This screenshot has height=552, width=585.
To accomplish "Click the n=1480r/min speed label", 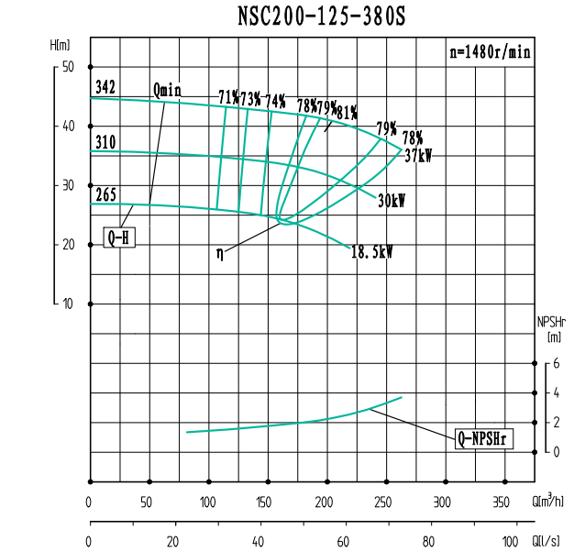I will point(489,52).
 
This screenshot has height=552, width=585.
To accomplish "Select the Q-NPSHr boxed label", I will point(483,438).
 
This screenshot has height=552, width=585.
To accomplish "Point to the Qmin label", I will point(168,89).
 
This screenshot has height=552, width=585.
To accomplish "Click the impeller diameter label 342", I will point(105,88).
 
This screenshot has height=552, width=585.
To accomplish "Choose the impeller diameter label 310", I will point(105,143).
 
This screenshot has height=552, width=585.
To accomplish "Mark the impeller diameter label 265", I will point(105,194).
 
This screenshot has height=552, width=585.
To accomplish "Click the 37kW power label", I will point(418,156).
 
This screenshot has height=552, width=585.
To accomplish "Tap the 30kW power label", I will point(392,200).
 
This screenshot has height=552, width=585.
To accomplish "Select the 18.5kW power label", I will point(371,250).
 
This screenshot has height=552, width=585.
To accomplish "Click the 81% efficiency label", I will point(347,113).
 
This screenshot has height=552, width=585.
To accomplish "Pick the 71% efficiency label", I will point(228,96).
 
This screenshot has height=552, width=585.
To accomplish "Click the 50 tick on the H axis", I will point(68,67).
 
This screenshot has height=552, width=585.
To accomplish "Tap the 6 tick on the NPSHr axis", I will point(555,363).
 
